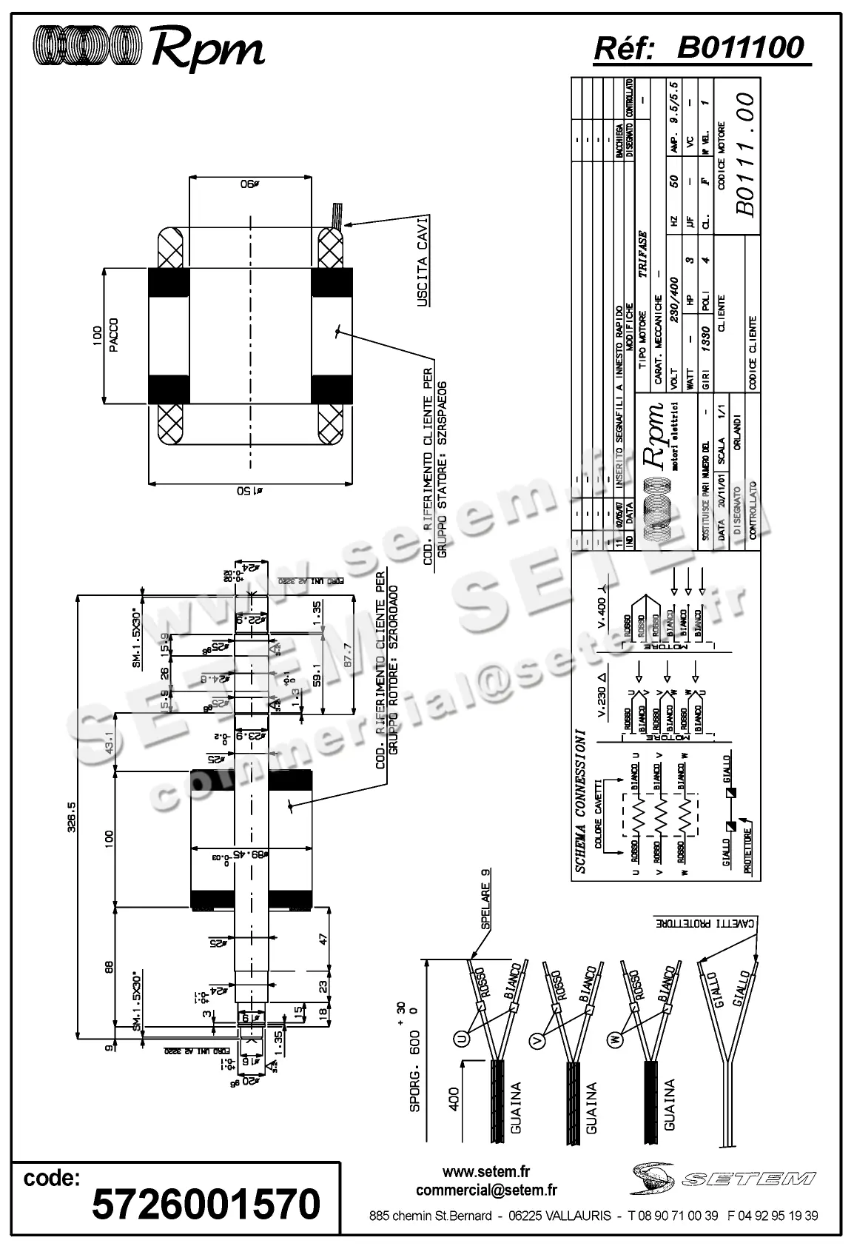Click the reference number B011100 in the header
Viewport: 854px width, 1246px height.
point(740,47)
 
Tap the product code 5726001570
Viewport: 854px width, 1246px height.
point(206,1204)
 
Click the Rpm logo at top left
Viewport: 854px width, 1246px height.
point(148,47)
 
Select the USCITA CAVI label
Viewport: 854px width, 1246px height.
point(423,262)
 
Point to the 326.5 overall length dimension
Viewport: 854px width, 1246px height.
point(72,817)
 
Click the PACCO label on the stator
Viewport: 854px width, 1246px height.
point(114,335)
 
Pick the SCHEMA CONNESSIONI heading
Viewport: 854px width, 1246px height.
point(581,803)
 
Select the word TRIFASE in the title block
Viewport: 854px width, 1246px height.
point(642,255)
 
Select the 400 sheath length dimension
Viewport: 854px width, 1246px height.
point(454,1097)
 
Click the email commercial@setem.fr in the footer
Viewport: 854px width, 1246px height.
point(486,1190)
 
